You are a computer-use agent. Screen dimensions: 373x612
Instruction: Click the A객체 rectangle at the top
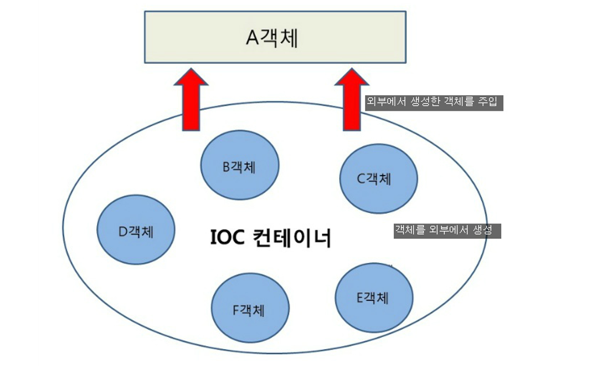[275, 37]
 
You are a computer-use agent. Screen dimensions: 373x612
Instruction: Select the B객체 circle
[239, 165]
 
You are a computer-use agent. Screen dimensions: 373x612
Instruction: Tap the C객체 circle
[378, 178]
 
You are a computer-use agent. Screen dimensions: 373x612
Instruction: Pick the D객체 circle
[136, 230]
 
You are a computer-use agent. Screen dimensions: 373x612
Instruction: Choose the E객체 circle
[374, 298]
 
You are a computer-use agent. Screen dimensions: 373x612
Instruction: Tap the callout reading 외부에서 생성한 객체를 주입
[434, 103]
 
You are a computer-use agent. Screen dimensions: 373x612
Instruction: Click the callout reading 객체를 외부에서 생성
[447, 231]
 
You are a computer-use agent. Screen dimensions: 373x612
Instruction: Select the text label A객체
[272, 38]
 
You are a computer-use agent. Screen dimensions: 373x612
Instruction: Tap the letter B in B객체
[227, 166]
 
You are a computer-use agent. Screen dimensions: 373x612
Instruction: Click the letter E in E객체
[360, 298]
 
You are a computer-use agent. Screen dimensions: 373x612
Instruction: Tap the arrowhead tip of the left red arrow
[191, 70]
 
